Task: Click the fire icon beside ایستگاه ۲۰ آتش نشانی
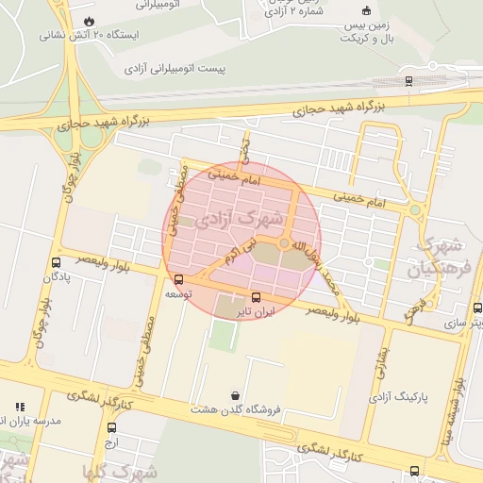[x=89, y=20]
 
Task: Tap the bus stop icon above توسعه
[x=179, y=279]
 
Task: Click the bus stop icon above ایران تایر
[x=256, y=297]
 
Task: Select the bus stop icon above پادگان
[x=57, y=263]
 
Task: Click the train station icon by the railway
[x=408, y=80]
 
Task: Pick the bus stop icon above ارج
[x=110, y=428]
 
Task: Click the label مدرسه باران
[x=32, y=420]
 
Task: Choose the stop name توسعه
[x=179, y=293]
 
